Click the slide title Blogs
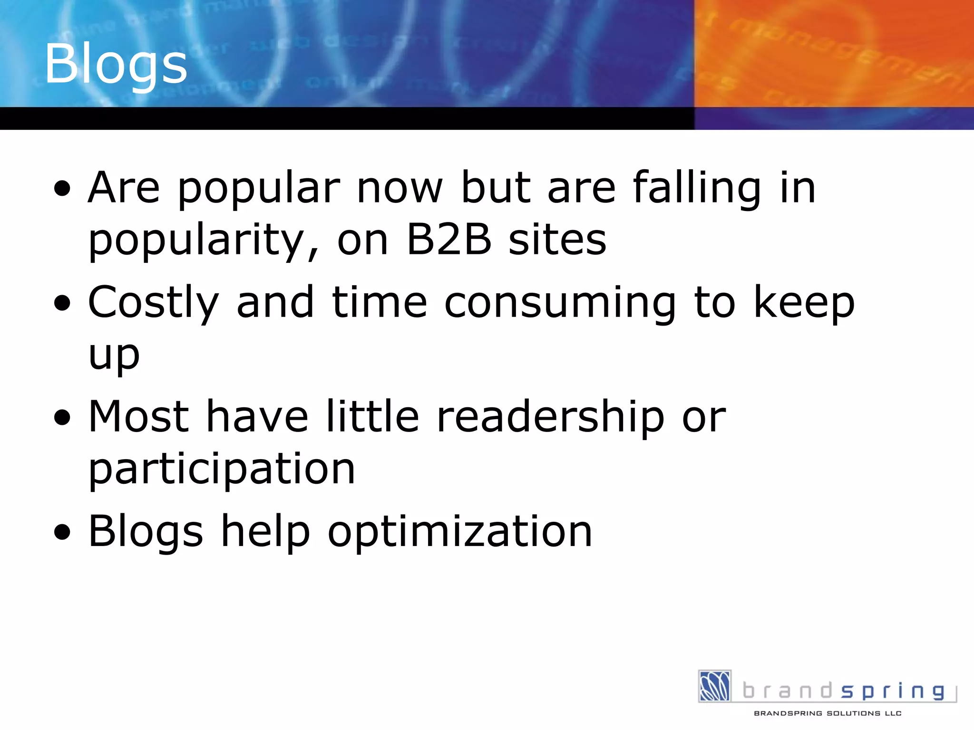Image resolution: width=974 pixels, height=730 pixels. pyautogui.click(x=116, y=64)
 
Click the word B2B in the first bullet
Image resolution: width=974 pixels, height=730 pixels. pyautogui.click(x=449, y=240)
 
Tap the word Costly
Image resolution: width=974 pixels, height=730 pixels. pyautogui.click(x=153, y=303)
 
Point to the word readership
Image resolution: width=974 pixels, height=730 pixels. pyautogui.click(x=550, y=417)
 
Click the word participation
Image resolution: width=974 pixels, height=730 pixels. pyautogui.click(x=222, y=470)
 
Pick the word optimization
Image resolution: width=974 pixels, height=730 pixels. pyautogui.click(x=460, y=532)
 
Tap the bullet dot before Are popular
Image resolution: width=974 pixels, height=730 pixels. pyautogui.click(x=62, y=189)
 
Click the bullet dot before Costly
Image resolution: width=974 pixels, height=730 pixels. pyautogui.click(x=62, y=303)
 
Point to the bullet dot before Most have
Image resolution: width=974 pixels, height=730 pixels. pyautogui.click(x=62, y=418)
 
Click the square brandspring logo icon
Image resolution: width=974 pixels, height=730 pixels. pyautogui.click(x=714, y=686)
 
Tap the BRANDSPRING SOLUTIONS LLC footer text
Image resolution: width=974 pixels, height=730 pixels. pyautogui.click(x=828, y=713)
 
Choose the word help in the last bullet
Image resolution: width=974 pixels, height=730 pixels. pyautogui.click(x=265, y=532)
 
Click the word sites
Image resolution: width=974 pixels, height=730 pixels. pyautogui.click(x=557, y=240)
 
